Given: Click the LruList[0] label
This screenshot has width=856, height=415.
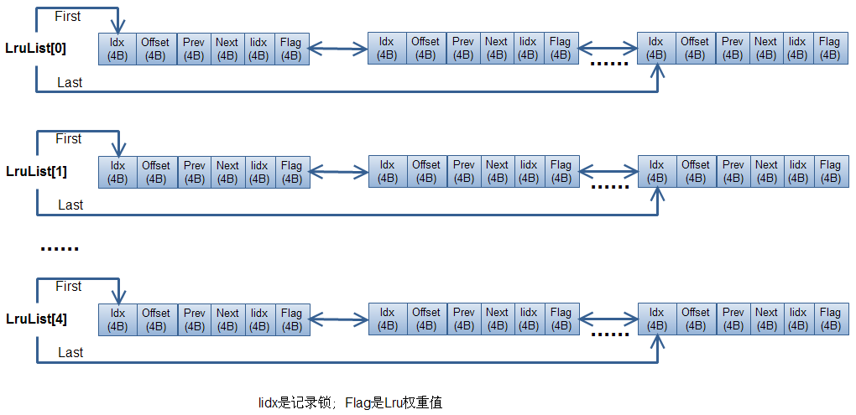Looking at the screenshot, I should (x=36, y=49).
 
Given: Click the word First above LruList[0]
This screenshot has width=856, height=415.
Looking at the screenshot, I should (x=68, y=17).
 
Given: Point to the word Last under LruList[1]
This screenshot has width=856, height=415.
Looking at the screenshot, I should (x=70, y=205).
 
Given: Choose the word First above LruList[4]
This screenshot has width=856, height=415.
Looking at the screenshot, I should (x=69, y=287).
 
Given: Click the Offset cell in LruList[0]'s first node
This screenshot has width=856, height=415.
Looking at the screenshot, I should (x=155, y=49).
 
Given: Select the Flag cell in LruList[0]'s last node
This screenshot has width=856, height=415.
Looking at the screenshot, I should (x=829, y=49).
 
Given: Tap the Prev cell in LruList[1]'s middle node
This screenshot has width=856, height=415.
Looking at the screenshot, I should (x=464, y=172).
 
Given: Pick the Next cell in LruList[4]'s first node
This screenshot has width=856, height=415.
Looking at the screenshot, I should (x=227, y=319).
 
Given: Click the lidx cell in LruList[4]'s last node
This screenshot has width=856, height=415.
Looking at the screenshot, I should (x=798, y=319).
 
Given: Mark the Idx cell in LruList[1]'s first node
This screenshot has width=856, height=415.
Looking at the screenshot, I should (x=117, y=172).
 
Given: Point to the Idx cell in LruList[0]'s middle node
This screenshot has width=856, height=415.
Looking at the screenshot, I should (x=386, y=49).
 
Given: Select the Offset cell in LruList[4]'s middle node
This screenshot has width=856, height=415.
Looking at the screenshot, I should (x=426, y=319).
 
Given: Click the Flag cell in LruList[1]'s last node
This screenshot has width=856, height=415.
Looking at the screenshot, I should (x=830, y=172).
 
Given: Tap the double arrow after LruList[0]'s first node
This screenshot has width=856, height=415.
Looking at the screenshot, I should (x=338, y=49).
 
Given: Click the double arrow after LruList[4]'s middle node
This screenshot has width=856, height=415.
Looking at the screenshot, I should (x=608, y=319).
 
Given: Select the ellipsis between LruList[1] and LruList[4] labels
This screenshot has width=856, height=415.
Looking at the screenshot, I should (x=60, y=249).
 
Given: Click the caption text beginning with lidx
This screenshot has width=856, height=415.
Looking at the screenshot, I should (x=350, y=403).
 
